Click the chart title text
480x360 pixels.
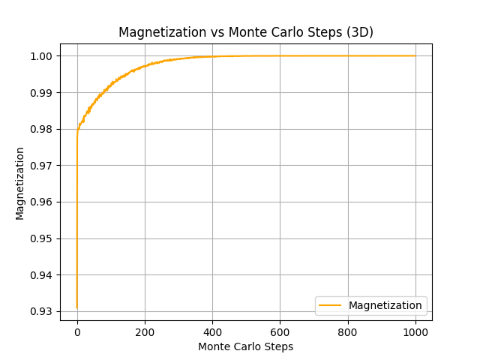coord(246,32)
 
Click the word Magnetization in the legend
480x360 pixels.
coord(385,305)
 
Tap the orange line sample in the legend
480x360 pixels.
coord(329,305)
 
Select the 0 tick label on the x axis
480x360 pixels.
coord(77,331)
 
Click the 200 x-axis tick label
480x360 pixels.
coord(145,331)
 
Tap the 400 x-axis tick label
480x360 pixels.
coord(212,331)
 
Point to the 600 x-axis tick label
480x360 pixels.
coord(280,331)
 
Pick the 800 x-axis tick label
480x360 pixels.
coord(348,331)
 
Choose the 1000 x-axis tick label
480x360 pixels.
coord(415,331)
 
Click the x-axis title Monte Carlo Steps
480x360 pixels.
coord(246,346)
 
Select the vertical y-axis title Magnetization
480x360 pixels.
coord(20,183)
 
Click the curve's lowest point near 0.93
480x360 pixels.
coord(77,307)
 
